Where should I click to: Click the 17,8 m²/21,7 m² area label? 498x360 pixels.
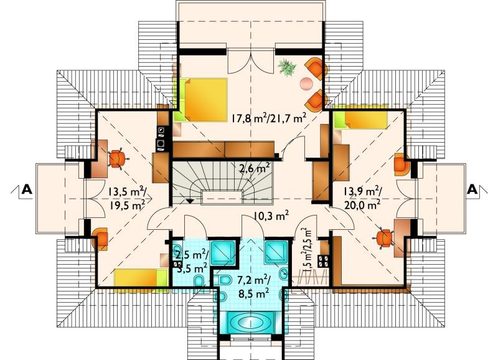point(268,118)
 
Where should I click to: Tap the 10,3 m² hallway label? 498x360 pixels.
point(271,216)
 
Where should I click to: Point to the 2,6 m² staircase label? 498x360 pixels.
point(255,168)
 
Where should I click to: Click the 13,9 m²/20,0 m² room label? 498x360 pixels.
point(363,198)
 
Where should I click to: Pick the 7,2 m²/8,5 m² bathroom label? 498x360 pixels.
point(253,287)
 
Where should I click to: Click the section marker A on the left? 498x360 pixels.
point(27,190)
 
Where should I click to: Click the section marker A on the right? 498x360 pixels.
point(472,190)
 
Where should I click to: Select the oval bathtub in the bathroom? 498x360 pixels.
point(250,323)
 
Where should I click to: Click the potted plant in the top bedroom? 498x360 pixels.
point(288,67)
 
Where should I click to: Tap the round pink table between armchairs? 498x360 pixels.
point(307,83)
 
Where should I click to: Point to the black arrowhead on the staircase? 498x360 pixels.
point(190,201)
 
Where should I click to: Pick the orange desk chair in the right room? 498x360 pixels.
point(385,239)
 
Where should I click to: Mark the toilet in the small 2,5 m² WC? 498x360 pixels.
point(200,282)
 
